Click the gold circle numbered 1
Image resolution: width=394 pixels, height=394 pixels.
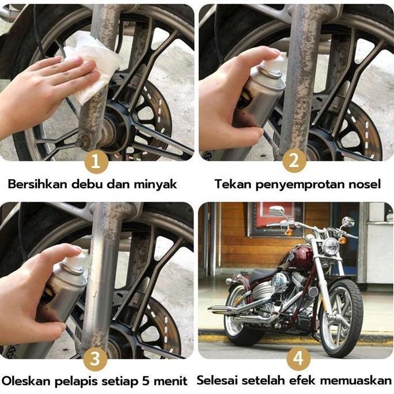(96, 162)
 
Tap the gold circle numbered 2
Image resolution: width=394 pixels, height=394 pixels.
(294, 162)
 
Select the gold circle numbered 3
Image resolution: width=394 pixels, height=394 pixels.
(96, 360)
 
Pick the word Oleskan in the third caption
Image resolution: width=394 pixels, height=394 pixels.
(23, 381)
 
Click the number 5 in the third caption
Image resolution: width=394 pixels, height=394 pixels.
(144, 381)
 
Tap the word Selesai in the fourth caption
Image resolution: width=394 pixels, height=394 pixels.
(218, 381)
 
